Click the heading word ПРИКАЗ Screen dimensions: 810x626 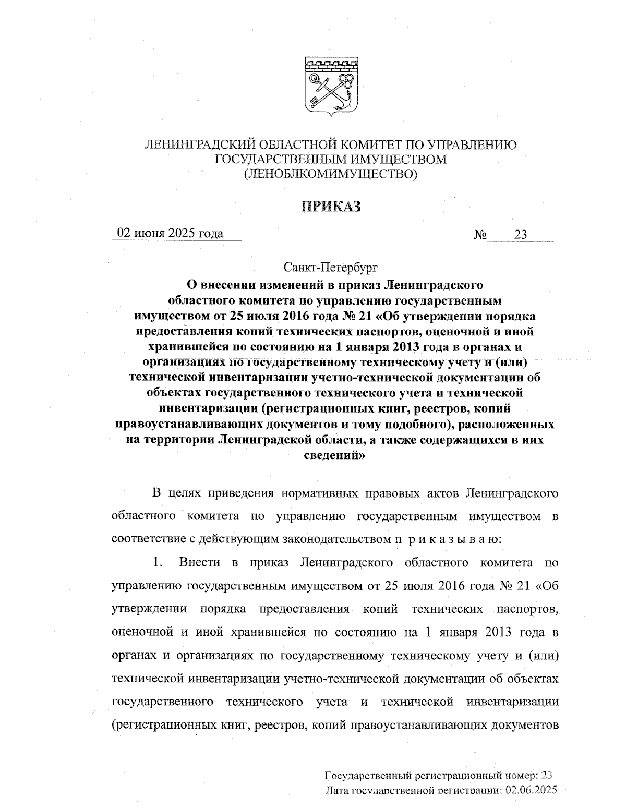click(331, 207)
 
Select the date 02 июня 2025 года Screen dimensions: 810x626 click(171, 233)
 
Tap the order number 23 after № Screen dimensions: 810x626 click(521, 235)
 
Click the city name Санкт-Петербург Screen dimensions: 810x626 click(331, 268)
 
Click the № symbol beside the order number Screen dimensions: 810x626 click(480, 235)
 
